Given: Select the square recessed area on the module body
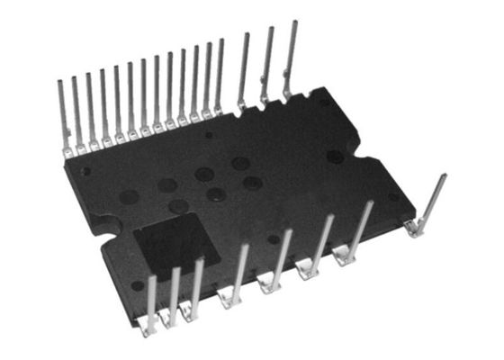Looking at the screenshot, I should (x=175, y=244).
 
